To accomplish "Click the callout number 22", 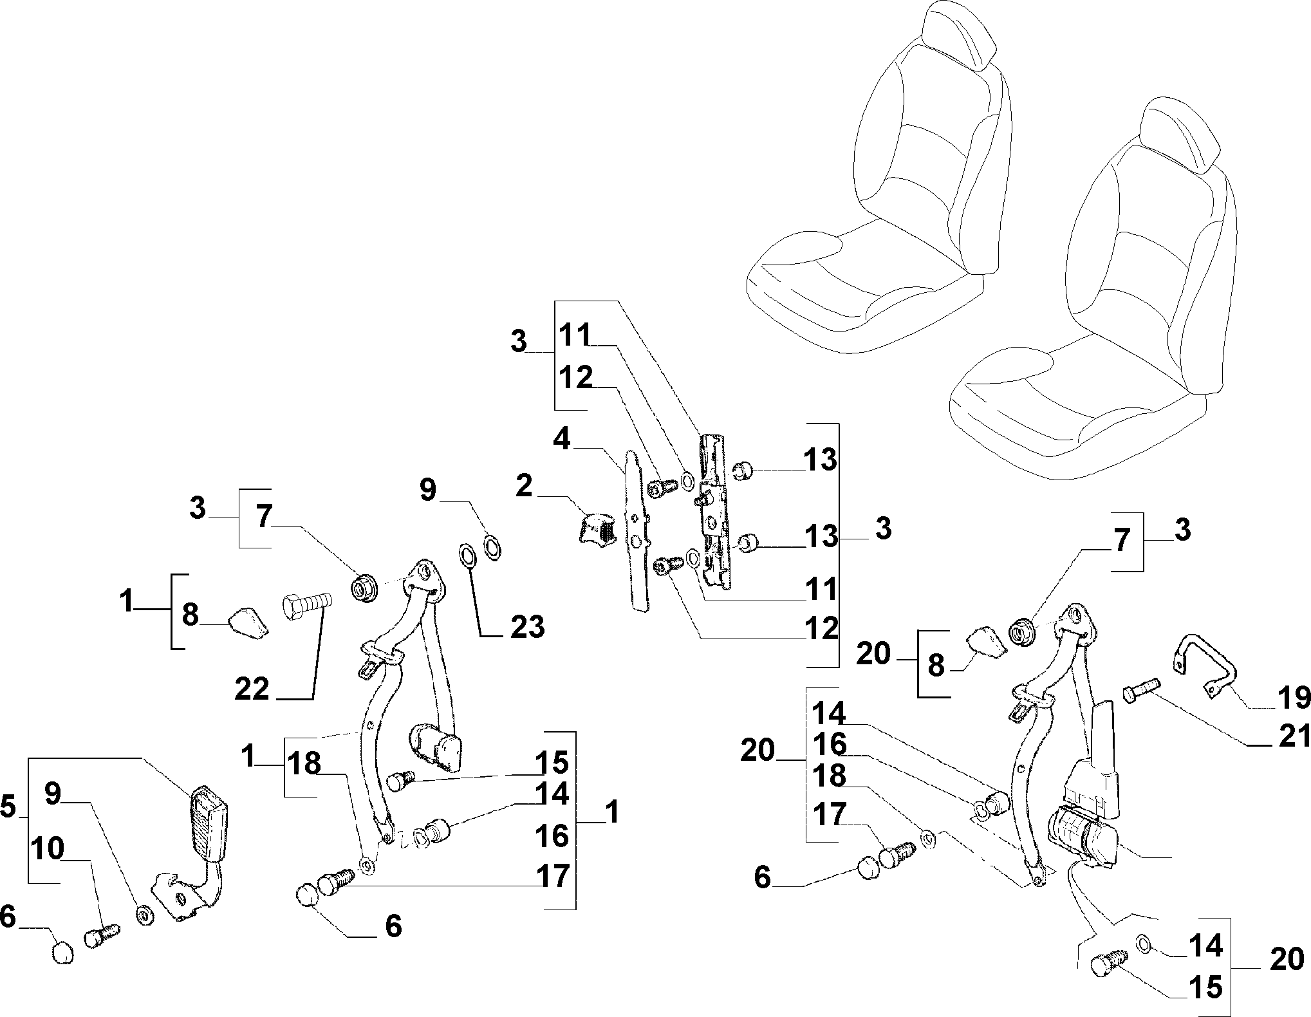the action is point(252,689).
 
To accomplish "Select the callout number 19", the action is point(1293,697).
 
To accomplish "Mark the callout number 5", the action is point(8,806).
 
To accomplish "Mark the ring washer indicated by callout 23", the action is point(467,555).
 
